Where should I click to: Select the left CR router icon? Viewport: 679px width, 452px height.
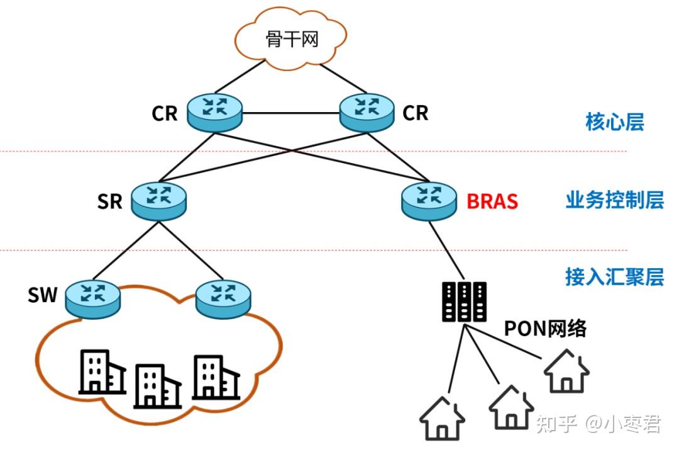(x=214, y=112)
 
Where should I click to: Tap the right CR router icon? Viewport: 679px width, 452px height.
(x=368, y=112)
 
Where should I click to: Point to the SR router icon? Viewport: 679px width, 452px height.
(x=159, y=200)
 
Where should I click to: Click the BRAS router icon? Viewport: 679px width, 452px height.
(x=429, y=200)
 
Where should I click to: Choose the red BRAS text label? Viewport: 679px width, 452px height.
(x=492, y=201)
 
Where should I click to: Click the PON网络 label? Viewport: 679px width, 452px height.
(x=545, y=328)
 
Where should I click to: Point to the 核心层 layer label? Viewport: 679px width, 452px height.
(x=614, y=121)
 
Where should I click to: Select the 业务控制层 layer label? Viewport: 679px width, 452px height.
(x=614, y=201)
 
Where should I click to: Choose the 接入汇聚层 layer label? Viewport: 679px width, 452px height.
(x=614, y=277)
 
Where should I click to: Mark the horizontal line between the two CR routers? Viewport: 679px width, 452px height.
(x=291, y=114)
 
